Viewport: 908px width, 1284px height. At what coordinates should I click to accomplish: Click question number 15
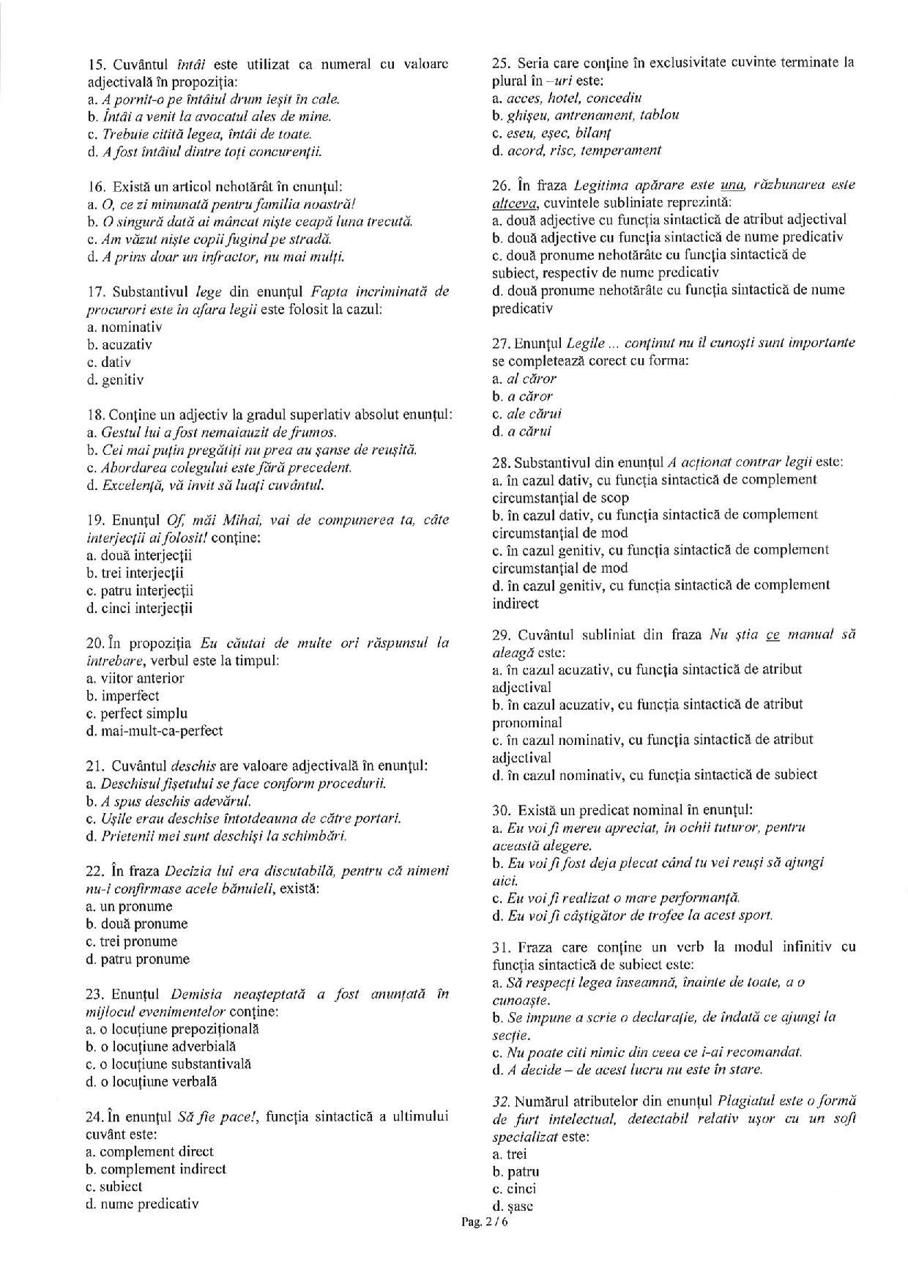click(x=96, y=64)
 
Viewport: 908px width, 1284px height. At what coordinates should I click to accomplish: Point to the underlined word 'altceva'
click(x=515, y=202)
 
